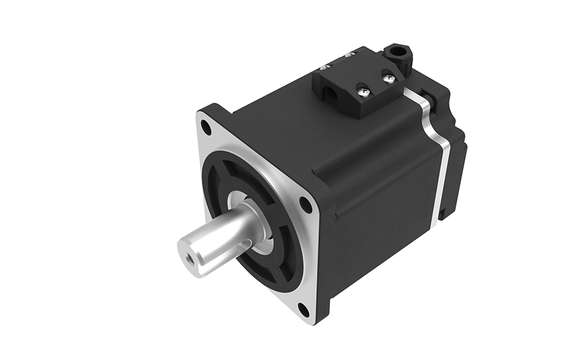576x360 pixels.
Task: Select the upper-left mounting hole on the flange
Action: point(206,127)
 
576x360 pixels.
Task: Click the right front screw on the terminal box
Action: point(388,78)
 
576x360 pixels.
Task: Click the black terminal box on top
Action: point(360,84)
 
